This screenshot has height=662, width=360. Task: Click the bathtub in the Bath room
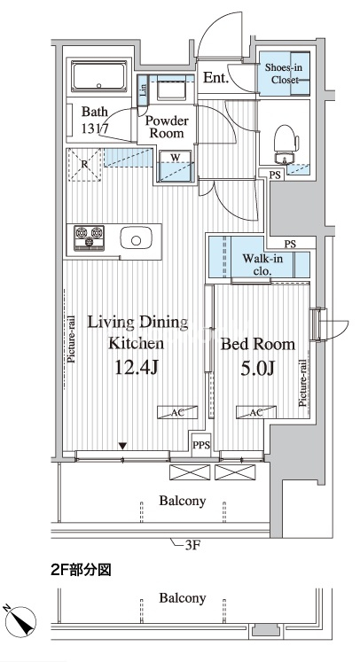(99, 76)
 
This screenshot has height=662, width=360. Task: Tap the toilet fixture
(286, 144)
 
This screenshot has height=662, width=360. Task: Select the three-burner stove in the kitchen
(90, 238)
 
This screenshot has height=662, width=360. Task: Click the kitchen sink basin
(136, 239)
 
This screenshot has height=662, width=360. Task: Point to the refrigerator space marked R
(85, 165)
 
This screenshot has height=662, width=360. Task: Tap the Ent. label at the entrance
(215, 78)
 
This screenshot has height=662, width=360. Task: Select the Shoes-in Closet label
(281, 74)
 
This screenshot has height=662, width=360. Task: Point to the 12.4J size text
(136, 369)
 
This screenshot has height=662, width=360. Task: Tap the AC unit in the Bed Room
(256, 412)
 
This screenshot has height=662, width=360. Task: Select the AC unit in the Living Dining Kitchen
(177, 412)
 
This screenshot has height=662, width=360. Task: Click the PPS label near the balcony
(201, 445)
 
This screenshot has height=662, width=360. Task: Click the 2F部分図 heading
(81, 571)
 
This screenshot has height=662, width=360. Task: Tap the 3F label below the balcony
(192, 546)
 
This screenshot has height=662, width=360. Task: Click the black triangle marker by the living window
(122, 446)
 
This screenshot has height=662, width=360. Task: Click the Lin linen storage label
(144, 90)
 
